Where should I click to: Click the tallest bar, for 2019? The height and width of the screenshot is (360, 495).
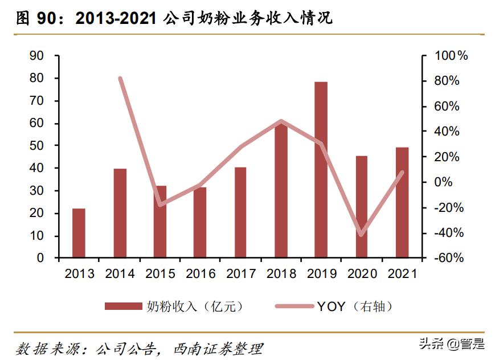[x=321, y=170]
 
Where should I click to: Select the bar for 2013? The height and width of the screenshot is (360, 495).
[x=79, y=233]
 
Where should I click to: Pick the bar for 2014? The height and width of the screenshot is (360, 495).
[x=120, y=213]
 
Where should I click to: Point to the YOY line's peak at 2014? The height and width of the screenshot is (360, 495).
[x=120, y=79]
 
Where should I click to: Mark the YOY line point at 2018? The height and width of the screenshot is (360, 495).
[x=281, y=121]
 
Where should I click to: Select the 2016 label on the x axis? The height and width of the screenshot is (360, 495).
[x=201, y=274]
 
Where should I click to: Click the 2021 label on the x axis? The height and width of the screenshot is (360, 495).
[x=402, y=274]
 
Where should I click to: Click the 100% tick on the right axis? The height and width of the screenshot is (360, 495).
[x=451, y=56]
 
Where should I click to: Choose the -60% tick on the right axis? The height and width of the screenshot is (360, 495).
[x=449, y=258]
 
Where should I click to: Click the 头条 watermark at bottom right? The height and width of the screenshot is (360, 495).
[x=432, y=344]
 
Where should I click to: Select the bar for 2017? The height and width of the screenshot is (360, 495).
[x=240, y=212]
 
